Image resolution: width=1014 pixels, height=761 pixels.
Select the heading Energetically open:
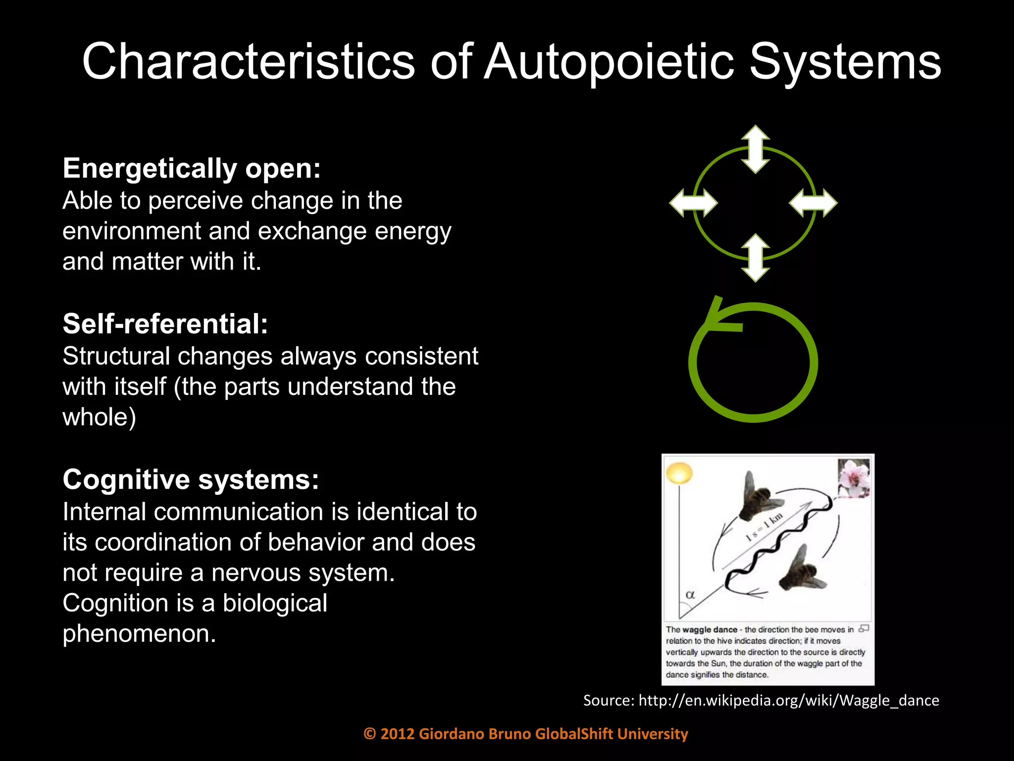tap(192, 168)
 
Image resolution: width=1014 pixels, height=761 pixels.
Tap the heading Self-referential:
tap(165, 324)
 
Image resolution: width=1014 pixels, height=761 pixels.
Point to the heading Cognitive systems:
tap(191, 480)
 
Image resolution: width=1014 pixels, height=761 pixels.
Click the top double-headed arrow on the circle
tap(755, 149)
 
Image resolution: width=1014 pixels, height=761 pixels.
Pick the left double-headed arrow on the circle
tap(693, 203)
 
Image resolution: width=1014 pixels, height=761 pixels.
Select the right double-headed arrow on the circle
tap(813, 203)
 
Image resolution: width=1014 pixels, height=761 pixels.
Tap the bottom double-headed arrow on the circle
tap(755, 258)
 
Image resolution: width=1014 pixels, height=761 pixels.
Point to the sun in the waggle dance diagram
tap(679, 473)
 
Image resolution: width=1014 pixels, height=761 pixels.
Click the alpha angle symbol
tap(690, 594)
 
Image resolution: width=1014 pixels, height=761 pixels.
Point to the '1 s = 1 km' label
tap(765, 528)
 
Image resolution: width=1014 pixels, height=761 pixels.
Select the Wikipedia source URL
tap(789, 700)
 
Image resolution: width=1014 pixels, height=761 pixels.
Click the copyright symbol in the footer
tap(369, 734)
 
